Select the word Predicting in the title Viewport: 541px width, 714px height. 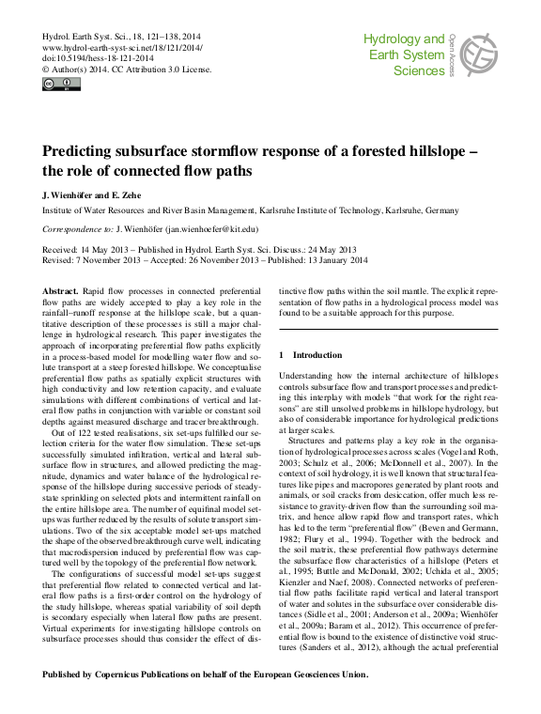83,150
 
